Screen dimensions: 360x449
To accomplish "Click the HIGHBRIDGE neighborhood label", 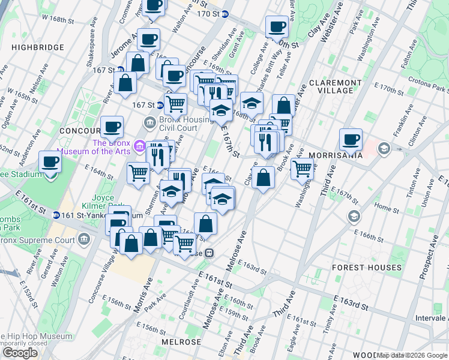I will click(x=37, y=47).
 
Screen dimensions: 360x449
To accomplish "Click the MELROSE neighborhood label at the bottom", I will click(x=181, y=341).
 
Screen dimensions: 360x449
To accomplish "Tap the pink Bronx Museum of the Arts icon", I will click(x=139, y=146).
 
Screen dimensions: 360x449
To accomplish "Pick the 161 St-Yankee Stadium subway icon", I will click(x=56, y=215).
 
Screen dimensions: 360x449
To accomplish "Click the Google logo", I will click(x=20, y=352).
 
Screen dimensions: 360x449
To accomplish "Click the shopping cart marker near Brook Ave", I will click(x=302, y=169).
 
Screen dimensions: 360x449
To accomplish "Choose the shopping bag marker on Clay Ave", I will click(x=263, y=178).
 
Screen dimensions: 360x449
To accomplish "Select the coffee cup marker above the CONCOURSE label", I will click(x=112, y=127).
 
